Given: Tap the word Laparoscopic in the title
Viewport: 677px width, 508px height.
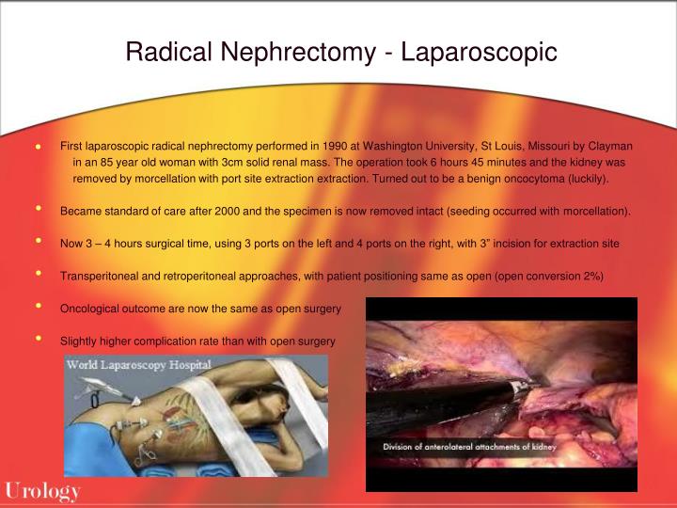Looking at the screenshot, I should [480, 51].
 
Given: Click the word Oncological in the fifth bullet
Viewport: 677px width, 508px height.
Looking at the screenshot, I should [90, 308].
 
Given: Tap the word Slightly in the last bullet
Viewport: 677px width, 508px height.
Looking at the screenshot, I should [79, 340].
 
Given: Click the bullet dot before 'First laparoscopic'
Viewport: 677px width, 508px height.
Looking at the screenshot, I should [39, 148].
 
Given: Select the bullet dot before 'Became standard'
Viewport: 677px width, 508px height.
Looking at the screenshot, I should [39, 209].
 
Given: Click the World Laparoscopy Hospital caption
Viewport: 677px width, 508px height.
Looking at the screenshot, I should [138, 364].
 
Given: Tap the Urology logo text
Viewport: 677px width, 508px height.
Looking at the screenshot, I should [42, 490].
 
